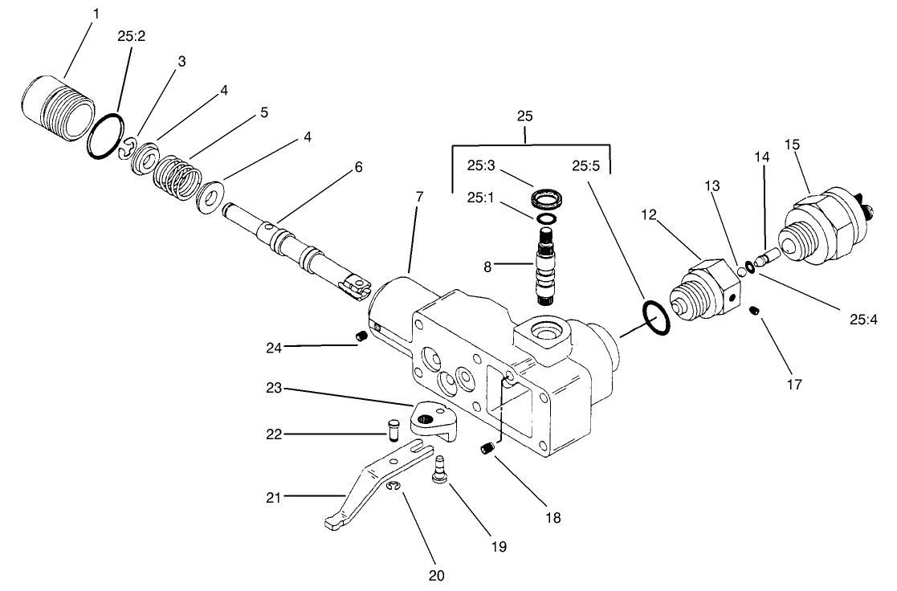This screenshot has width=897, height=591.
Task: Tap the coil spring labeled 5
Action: point(177,175)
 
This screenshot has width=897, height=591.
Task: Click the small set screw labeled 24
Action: point(361,336)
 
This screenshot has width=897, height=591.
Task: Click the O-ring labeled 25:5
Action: point(655,320)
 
